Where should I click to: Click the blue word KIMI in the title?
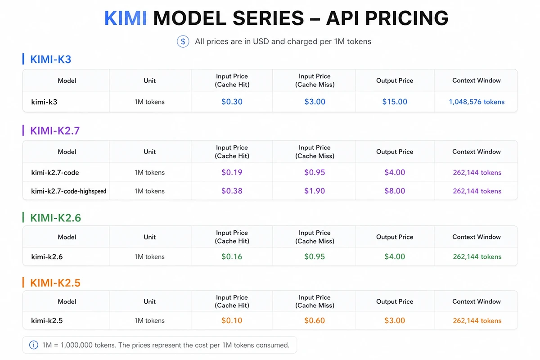126,18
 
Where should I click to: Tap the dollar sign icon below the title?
183,41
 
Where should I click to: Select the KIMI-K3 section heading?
50,59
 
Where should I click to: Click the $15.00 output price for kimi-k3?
395,102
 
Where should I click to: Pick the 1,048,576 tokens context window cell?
477,102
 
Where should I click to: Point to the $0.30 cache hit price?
232,102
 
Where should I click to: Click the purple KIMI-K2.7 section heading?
55,130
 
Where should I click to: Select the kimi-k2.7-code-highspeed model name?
68,191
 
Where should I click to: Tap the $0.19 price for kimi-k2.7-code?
232,172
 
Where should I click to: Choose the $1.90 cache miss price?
315,191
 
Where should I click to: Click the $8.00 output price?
395,191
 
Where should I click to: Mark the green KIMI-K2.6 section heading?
56,218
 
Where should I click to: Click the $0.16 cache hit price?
232,256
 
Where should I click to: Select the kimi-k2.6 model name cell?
47,257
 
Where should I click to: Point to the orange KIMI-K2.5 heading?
55,283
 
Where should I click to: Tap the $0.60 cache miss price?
315,320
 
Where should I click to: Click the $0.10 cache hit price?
232,320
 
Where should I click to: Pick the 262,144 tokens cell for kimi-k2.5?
477,321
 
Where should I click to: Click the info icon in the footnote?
34,345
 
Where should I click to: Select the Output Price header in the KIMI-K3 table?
395,81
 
